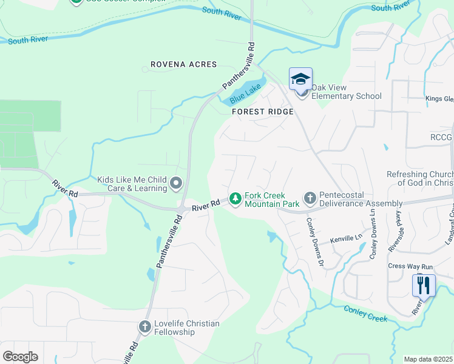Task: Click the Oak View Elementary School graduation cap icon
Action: click(300, 79)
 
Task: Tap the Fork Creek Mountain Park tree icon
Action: click(235, 198)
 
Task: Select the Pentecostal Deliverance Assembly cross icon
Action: click(310, 198)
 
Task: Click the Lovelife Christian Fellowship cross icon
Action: click(144, 328)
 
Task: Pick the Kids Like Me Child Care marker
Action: click(176, 183)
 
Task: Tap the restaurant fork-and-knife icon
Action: click(423, 285)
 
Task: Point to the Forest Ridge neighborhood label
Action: click(263, 112)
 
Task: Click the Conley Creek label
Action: click(365, 314)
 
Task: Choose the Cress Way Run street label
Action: click(410, 266)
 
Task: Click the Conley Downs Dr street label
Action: click(313, 241)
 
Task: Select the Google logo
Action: click(21, 356)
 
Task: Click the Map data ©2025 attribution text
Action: click(429, 359)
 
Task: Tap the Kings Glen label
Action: click(439, 99)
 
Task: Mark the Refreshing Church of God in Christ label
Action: click(419, 179)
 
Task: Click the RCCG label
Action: click(441, 138)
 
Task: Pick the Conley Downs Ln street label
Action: click(372, 227)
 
